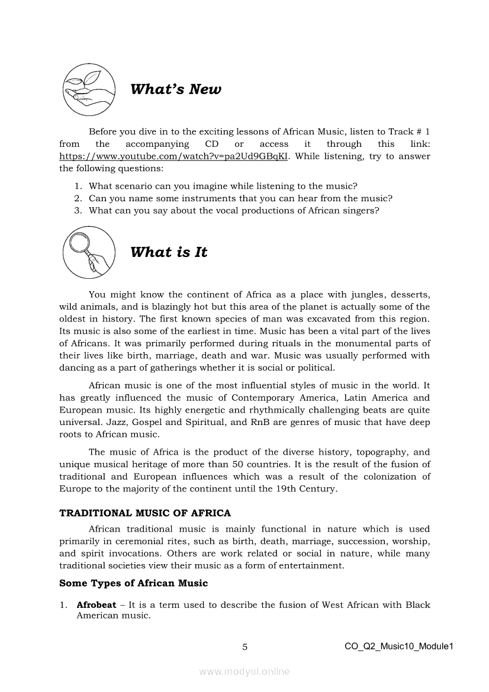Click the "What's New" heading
[x=175, y=89]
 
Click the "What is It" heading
[x=169, y=252]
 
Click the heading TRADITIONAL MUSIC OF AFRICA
[x=145, y=513]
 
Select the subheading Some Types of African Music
[x=133, y=583]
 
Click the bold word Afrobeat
[x=96, y=605]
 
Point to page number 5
[x=244, y=647]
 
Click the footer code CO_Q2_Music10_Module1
[x=398, y=646]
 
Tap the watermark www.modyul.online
[x=244, y=672]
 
